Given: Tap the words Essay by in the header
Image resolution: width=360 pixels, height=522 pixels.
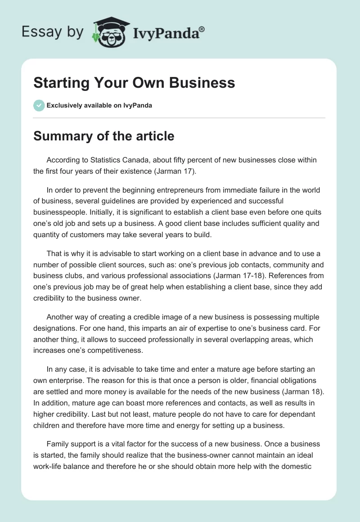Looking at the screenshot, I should [x=53, y=31].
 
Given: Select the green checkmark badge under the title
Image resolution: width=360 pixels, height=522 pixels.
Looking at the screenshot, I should [x=39, y=105].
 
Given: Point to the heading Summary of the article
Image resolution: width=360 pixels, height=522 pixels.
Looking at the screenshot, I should [x=103, y=135].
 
